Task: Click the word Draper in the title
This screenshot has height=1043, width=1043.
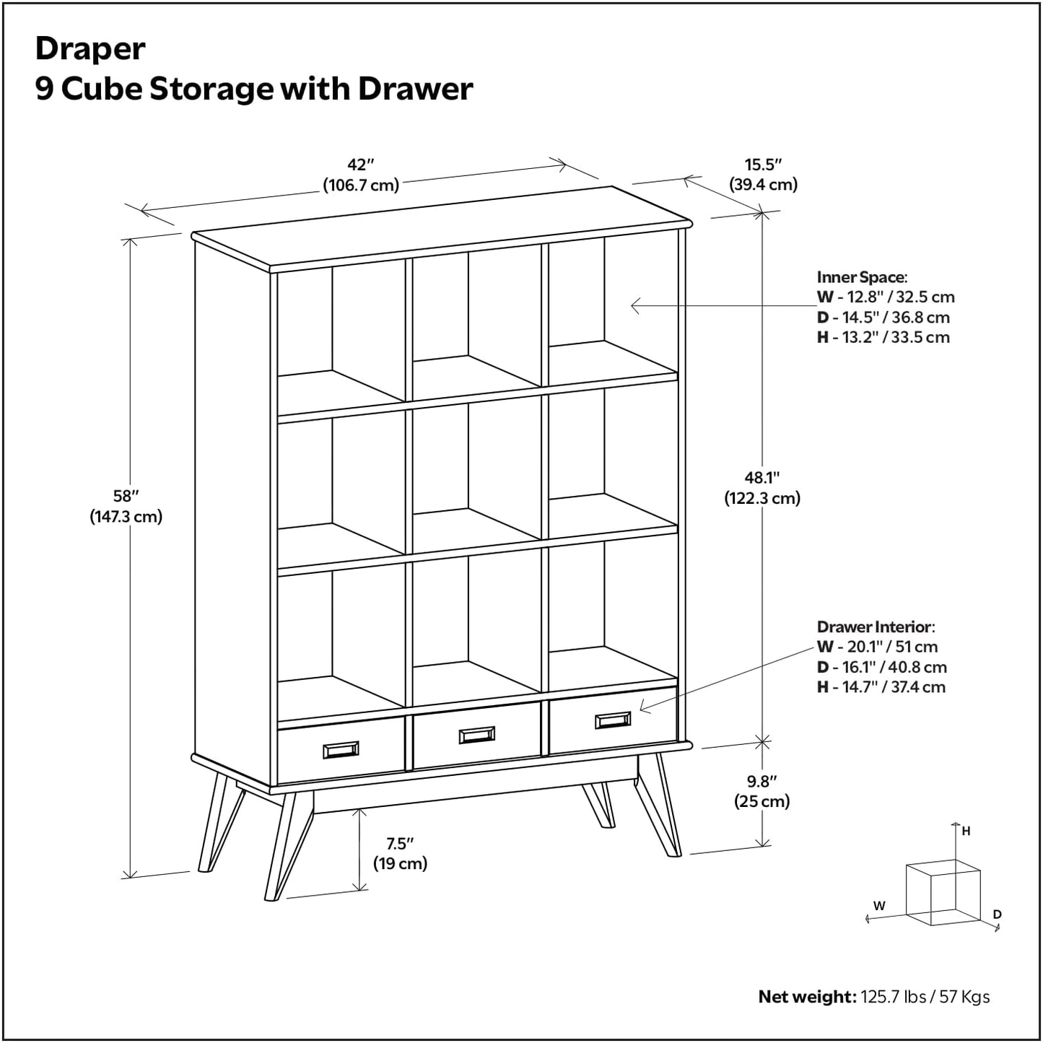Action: coord(90,49)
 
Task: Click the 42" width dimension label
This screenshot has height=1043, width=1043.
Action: coord(360,165)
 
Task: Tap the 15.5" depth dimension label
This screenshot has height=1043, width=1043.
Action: coord(763,165)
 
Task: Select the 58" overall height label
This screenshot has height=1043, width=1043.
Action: coord(126,497)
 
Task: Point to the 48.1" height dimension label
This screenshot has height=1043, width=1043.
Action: coord(762,478)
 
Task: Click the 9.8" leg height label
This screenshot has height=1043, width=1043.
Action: coord(761,782)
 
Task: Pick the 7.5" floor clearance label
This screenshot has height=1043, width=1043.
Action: coord(400,844)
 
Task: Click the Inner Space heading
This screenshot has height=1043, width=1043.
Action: coord(862,277)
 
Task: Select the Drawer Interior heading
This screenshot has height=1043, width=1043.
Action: coord(876,627)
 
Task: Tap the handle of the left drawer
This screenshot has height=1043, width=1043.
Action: coord(341,750)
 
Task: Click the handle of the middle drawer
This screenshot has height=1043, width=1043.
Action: coord(477,735)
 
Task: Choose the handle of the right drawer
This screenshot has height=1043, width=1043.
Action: coord(613,720)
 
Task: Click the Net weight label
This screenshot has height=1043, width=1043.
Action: coord(806,997)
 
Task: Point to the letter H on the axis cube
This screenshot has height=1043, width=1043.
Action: coord(966,831)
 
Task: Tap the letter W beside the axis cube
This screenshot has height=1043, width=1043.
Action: coord(879,906)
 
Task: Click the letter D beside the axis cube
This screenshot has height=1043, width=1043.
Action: coord(997,915)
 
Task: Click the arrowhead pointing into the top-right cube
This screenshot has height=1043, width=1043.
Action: coord(635,306)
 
